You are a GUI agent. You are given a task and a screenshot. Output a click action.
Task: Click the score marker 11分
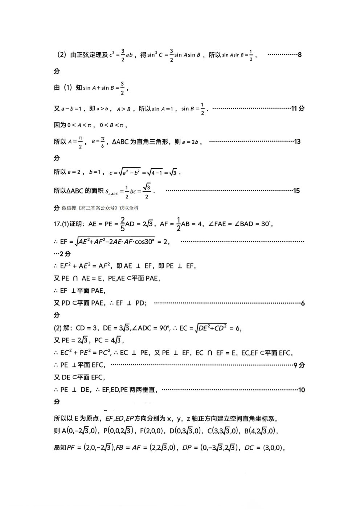click(298, 108)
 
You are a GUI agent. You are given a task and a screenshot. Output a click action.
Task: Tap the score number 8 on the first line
click(300, 55)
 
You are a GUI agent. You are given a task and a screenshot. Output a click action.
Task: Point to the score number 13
click(297, 141)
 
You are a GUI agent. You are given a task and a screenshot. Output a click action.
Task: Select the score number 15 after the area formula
click(296, 191)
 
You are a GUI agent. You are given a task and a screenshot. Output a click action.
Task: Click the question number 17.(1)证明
click(69, 224)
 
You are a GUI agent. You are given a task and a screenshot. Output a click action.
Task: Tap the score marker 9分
click(299, 365)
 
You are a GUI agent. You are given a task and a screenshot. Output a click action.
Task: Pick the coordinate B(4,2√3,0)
click(261, 431)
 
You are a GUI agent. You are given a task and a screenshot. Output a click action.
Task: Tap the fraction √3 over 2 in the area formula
click(147, 191)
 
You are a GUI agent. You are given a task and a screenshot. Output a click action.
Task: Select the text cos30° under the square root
click(144, 242)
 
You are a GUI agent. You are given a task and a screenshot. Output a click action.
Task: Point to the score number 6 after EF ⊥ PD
click(303, 303)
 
